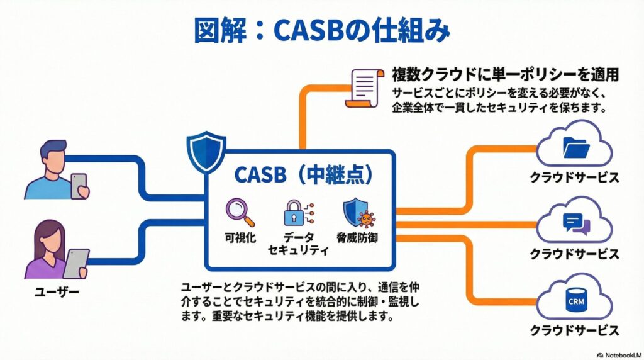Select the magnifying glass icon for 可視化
click(x=240, y=212)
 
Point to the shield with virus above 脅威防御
click(x=357, y=213)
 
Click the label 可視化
click(x=240, y=239)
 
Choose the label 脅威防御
click(x=357, y=239)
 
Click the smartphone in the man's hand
click(x=79, y=186)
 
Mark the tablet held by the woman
click(x=76, y=262)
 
